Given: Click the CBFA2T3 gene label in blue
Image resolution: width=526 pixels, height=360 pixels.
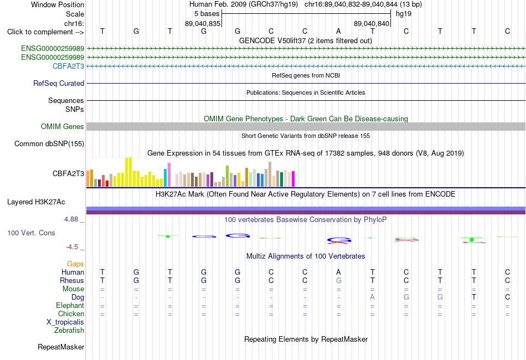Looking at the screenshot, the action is [x=68, y=66].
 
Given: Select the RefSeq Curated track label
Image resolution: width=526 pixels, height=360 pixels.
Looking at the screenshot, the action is [x=59, y=83].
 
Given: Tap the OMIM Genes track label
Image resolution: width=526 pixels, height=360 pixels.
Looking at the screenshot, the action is [x=63, y=126].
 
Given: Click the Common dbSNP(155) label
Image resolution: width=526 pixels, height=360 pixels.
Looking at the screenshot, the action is [x=49, y=143].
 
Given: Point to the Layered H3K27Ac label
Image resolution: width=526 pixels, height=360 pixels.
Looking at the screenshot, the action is [x=36, y=202].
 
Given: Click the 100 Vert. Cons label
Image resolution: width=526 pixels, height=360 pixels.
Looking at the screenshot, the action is [x=31, y=233].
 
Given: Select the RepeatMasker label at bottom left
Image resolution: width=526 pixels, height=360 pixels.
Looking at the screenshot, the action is [x=61, y=347].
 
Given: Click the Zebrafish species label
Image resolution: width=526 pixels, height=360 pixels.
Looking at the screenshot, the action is [x=69, y=331].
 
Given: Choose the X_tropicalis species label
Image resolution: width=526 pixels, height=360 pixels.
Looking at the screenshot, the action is [x=65, y=322].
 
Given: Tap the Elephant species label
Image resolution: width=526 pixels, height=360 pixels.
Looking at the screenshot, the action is [x=70, y=305].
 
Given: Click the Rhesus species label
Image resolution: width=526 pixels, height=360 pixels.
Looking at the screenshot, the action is [x=72, y=280].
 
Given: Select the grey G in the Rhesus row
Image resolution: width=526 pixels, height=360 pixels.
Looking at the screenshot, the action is [x=339, y=280].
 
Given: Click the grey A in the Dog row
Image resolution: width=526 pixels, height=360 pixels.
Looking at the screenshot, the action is [x=373, y=297].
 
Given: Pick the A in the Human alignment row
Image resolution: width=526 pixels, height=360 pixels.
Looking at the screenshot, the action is [x=338, y=272].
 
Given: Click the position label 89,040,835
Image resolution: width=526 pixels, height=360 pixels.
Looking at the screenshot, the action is [x=203, y=23].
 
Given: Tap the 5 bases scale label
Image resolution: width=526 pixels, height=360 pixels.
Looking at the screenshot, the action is [x=207, y=14].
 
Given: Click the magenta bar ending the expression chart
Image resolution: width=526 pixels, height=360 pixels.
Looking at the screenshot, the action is [x=293, y=179].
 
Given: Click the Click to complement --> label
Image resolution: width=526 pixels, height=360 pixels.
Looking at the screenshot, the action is [x=45, y=32].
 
